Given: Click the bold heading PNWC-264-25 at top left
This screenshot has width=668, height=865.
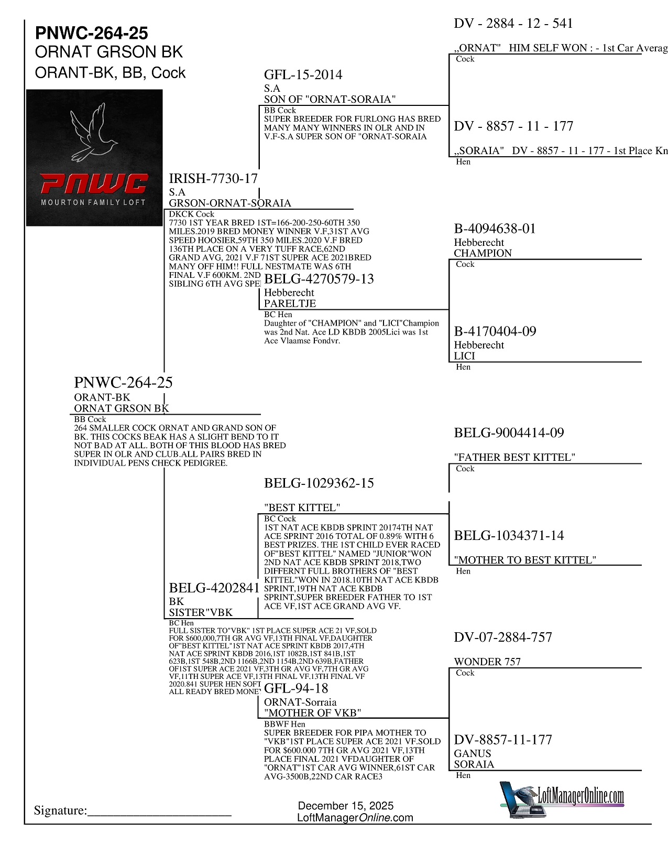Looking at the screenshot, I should [x=92, y=33].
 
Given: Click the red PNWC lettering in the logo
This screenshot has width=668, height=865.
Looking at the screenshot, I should [x=94, y=184].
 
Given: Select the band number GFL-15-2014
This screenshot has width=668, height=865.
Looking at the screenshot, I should [x=303, y=75].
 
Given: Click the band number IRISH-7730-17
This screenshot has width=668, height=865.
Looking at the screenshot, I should [x=213, y=179].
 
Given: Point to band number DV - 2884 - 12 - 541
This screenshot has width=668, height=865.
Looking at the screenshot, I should [x=513, y=24].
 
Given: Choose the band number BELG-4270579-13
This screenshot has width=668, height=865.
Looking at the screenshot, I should [x=319, y=279].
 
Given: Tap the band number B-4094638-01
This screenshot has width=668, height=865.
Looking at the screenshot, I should [x=495, y=229].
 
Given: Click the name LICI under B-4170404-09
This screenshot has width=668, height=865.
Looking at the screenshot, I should [x=464, y=356].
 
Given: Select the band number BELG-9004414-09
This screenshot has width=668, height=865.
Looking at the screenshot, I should [x=509, y=433].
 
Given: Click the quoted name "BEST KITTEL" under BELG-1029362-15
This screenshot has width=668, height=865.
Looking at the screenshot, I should [x=302, y=507].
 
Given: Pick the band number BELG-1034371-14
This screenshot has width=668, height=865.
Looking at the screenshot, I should [x=509, y=536].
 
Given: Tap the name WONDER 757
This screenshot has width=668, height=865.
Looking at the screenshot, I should [x=487, y=662].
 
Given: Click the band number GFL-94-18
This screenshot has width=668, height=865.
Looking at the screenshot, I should [x=296, y=688].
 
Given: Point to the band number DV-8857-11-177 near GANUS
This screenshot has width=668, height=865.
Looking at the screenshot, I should [x=503, y=740].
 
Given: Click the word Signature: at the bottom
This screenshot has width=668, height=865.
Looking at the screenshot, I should [x=60, y=810].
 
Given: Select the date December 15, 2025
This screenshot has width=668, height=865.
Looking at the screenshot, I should [x=346, y=806].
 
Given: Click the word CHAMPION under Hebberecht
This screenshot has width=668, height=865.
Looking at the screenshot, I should [x=483, y=253].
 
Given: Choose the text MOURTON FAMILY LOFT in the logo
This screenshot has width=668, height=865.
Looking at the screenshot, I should [x=93, y=202].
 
